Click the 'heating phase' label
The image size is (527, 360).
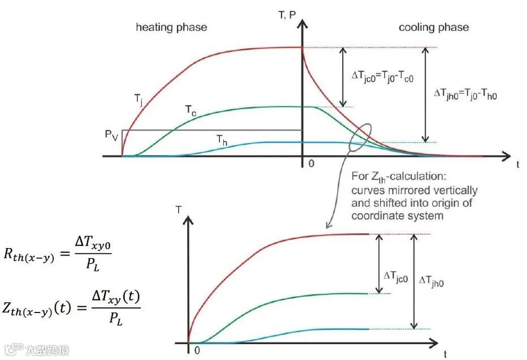click(x=171, y=27)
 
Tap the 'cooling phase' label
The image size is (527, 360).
click(x=433, y=27)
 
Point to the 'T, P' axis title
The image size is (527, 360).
click(x=287, y=15)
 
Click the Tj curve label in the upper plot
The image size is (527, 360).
click(x=139, y=99)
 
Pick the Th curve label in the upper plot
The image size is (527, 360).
click(x=222, y=139)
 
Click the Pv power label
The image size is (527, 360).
click(x=112, y=135)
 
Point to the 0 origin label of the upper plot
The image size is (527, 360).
click(x=310, y=164)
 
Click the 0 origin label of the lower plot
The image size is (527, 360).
click(x=196, y=350)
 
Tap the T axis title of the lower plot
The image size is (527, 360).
click(x=179, y=210)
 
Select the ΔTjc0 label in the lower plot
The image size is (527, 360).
click(x=396, y=276)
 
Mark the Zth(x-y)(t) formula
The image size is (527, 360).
click(x=72, y=307)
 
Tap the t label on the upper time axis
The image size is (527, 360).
click(x=517, y=164)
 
